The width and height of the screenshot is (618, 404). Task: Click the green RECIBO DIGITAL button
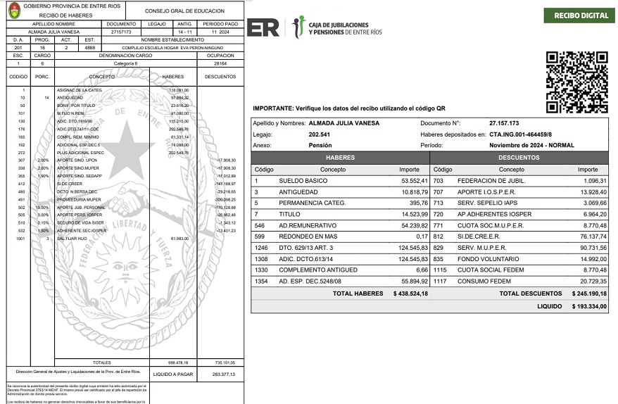(581, 15)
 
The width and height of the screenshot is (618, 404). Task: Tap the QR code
(576, 82)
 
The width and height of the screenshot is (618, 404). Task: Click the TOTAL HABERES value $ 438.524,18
(410, 293)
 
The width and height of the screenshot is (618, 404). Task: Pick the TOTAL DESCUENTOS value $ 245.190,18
(589, 293)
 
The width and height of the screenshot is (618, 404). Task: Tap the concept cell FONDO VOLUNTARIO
(484, 259)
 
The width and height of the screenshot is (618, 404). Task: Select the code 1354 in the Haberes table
(263, 281)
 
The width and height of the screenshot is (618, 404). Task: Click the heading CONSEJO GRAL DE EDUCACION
(184, 11)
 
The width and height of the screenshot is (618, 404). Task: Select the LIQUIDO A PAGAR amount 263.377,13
(223, 374)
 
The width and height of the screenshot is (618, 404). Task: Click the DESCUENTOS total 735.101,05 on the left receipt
(223, 362)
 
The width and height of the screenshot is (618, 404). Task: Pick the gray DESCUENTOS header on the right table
(519, 158)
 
